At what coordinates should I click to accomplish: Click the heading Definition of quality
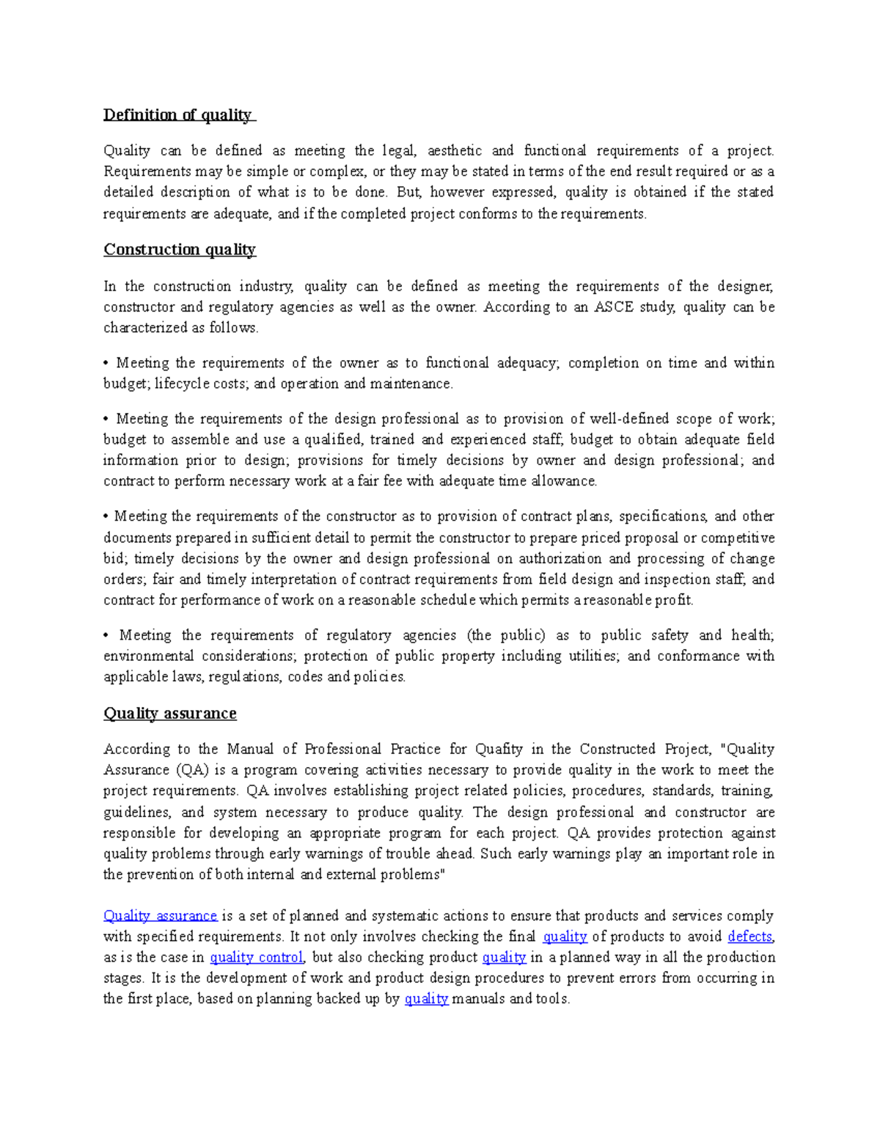[x=178, y=115]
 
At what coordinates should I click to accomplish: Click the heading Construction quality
[x=179, y=250]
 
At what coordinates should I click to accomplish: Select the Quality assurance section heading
[x=169, y=714]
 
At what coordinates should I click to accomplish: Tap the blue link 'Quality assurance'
[x=160, y=916]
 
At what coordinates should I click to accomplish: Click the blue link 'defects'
[x=749, y=937]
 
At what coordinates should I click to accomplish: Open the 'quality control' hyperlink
[x=256, y=957]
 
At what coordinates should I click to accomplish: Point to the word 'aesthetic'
[x=455, y=151]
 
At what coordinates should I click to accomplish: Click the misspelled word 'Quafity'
[x=499, y=750]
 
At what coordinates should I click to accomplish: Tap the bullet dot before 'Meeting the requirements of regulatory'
[x=106, y=636]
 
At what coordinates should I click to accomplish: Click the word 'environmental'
[x=148, y=656]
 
